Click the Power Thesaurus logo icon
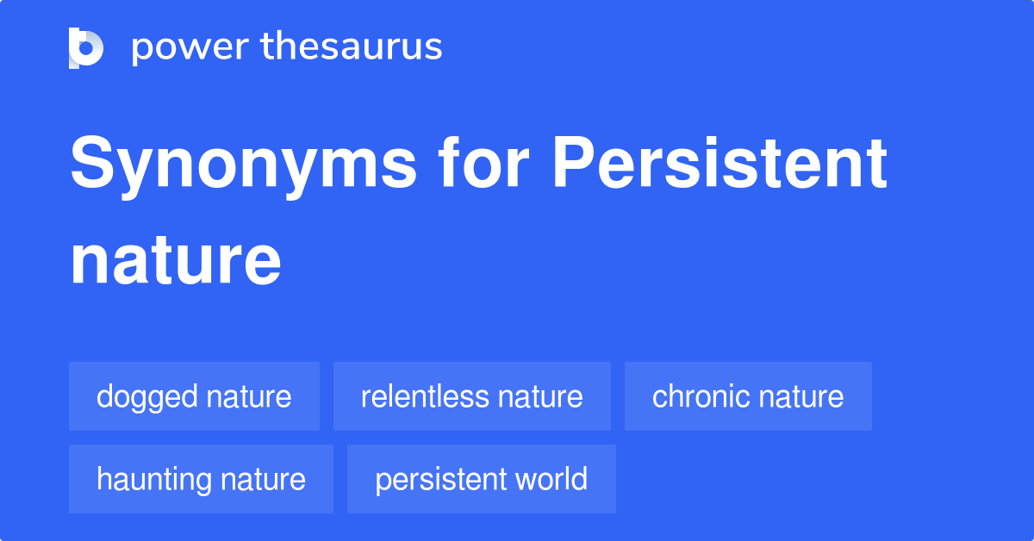(x=86, y=48)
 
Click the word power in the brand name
(x=190, y=48)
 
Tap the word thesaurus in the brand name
(x=352, y=46)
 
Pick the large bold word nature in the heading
(x=176, y=261)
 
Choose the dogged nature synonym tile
(x=195, y=396)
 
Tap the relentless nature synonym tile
(x=472, y=396)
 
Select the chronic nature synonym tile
(x=748, y=396)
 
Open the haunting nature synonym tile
(x=202, y=479)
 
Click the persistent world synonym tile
(x=482, y=479)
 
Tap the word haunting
(x=153, y=481)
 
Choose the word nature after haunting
(x=263, y=481)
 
